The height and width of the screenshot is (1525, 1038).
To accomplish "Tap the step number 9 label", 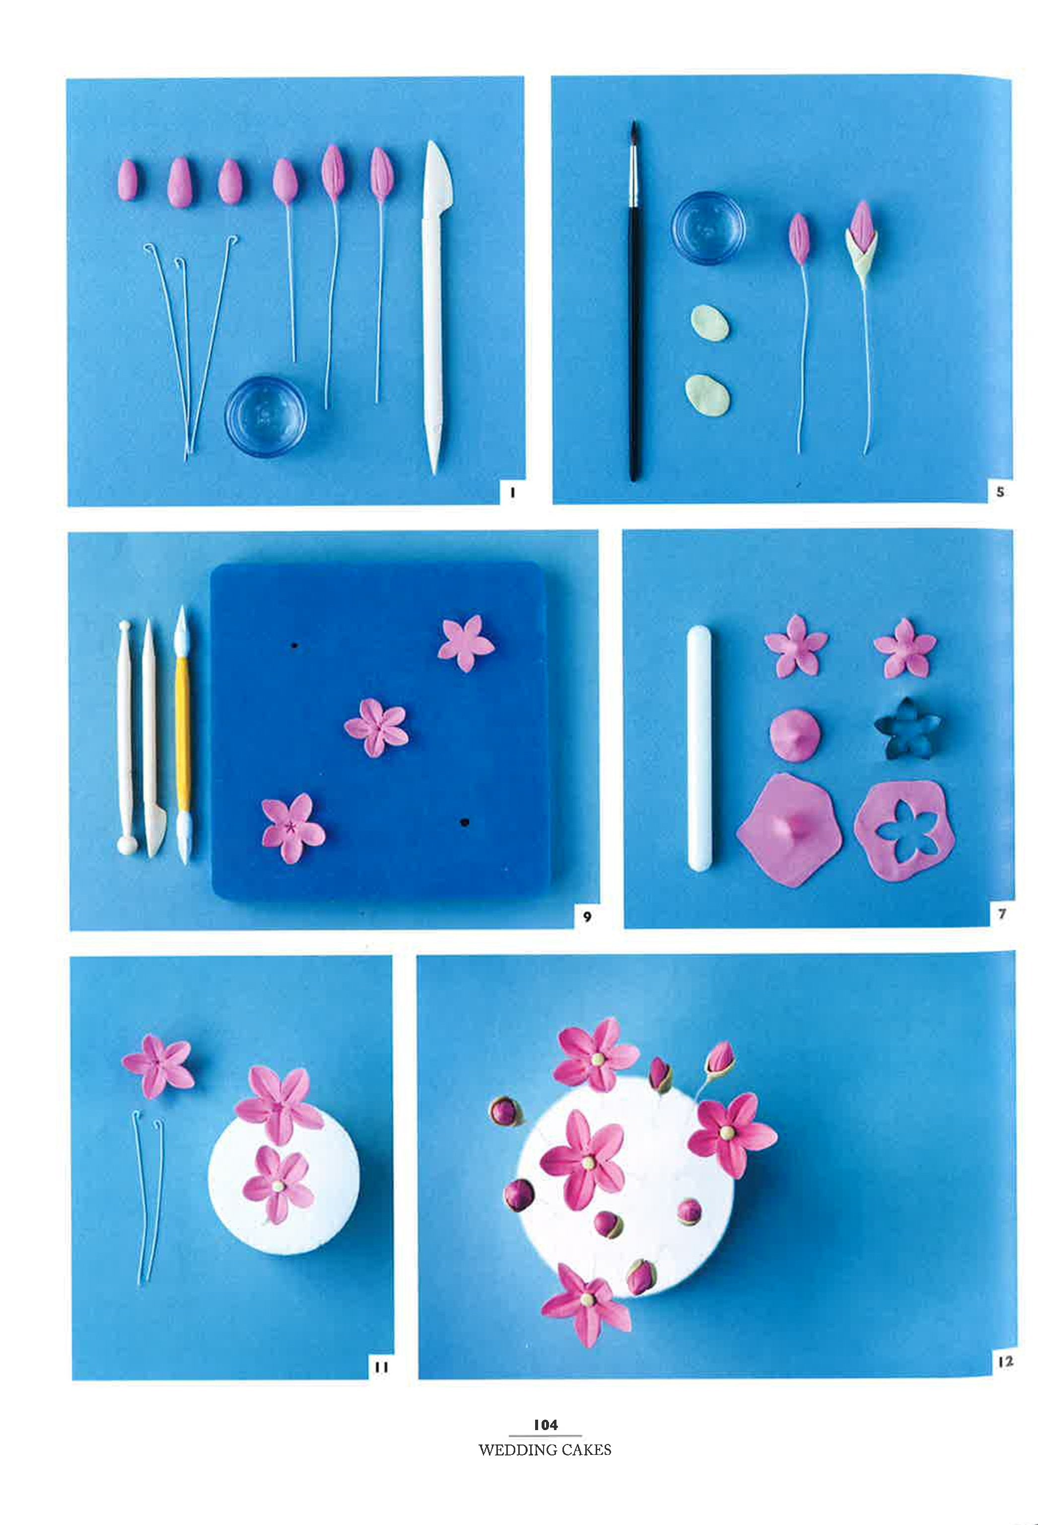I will tap(587, 917).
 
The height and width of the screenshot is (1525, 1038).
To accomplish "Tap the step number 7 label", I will tap(1001, 913).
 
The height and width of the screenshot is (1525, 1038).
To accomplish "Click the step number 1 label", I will tap(511, 493).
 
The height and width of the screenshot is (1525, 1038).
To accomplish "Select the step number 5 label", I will tap(1000, 491).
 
